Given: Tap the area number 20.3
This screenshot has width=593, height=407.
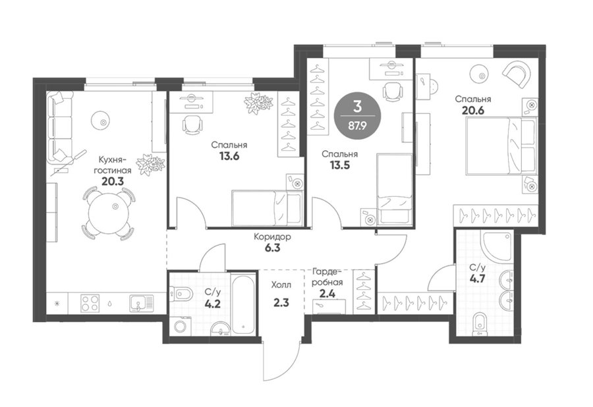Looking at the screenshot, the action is tap(113, 181).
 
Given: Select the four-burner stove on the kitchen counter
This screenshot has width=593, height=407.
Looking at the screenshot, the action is tap(90, 303).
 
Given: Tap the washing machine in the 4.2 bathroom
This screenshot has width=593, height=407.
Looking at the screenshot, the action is tap(181, 325).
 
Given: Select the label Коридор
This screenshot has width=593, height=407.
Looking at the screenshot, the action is tap(272, 237).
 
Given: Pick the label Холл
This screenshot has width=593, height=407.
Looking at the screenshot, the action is tap(281, 285).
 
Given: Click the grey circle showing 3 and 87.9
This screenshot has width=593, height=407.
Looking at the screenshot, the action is tap(358, 116).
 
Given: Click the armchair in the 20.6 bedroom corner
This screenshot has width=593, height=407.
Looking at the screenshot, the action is tap(516, 74).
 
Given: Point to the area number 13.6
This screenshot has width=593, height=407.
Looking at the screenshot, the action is tap(229, 156).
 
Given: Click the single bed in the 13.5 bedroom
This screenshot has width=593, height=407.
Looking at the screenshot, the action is tap(395, 188).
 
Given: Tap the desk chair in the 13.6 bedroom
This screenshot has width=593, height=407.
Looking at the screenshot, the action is tap(192, 124).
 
